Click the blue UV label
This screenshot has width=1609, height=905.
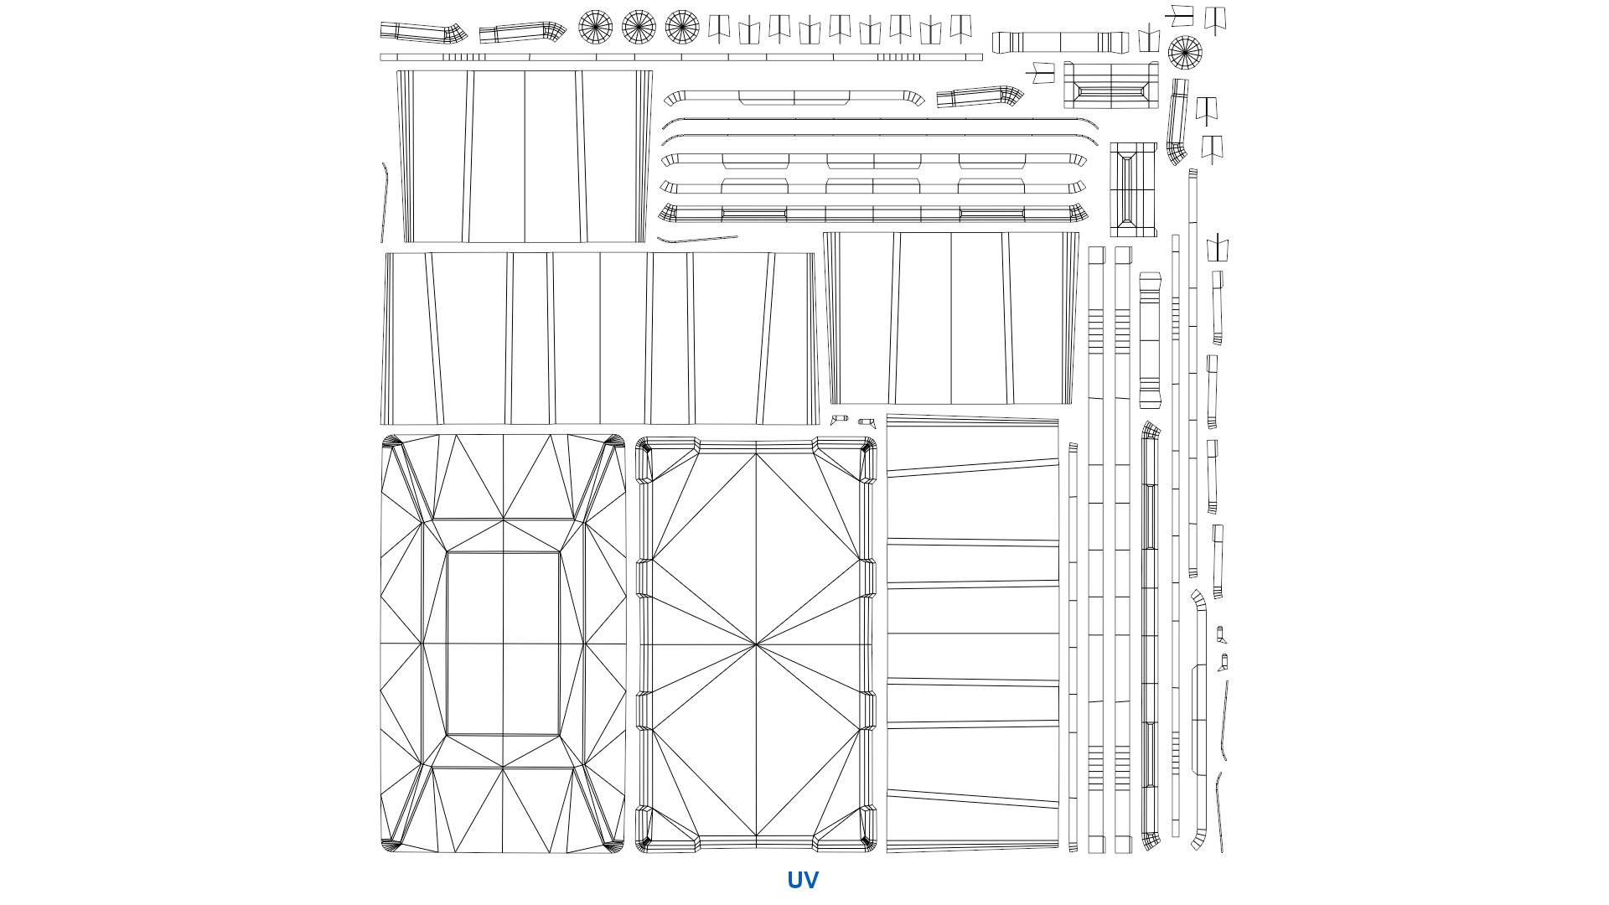coord(802,880)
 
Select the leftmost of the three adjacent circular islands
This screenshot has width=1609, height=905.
coord(595,27)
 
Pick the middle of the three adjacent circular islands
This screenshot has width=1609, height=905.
coord(639,27)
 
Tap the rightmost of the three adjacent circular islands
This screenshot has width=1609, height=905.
coord(682,27)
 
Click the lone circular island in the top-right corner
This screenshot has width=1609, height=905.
coord(1185,53)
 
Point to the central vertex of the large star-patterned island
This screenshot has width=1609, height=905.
coord(756,644)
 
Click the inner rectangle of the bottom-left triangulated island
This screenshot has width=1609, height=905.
coord(503,644)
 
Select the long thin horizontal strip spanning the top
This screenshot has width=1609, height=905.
coord(680,58)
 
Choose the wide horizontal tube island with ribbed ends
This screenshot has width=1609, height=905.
coord(1060,42)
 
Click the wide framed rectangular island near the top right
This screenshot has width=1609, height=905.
coord(1111,85)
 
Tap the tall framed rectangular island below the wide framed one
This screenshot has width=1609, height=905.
coord(1134,189)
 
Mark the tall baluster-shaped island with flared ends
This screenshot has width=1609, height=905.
coord(1150,340)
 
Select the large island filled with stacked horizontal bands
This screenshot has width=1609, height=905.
coord(973,633)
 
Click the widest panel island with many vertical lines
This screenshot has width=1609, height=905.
coord(600,339)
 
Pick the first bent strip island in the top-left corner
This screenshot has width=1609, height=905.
coord(423,33)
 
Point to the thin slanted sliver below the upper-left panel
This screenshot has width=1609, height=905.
coord(697,240)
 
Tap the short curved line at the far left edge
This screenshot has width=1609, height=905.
coord(385,203)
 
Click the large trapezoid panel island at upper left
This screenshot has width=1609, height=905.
coord(525,157)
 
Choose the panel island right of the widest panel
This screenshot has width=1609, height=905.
coord(951,318)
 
